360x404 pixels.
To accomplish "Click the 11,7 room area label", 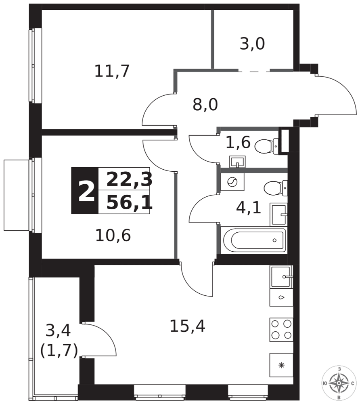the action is (112, 71).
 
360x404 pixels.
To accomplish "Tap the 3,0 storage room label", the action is (252, 44).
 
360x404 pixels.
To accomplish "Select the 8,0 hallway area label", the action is (205, 105).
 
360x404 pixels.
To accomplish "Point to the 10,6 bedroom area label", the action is (113, 236).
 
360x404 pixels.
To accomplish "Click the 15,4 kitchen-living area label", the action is (187, 326).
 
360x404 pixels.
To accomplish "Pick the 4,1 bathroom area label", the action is (249, 208).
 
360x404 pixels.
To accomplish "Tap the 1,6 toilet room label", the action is (238, 142).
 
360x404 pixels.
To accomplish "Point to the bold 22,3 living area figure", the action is (130, 180).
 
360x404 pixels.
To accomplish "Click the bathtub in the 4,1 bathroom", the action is (254, 240).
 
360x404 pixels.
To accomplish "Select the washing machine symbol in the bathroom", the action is (232, 182).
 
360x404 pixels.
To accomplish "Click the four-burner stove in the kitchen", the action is (281, 330).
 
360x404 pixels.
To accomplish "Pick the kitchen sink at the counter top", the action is (281, 277).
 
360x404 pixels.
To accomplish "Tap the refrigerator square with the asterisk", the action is (281, 365).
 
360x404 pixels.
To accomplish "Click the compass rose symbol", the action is (339, 383).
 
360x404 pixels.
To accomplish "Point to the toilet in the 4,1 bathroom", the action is (275, 188).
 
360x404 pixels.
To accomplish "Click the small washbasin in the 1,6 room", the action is (237, 162).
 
